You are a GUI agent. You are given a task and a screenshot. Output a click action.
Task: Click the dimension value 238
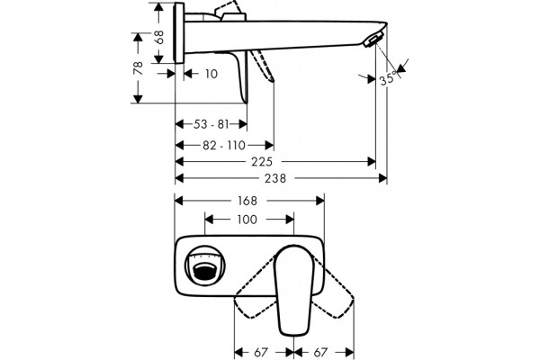275,178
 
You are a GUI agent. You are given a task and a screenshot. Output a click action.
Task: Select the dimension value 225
262,162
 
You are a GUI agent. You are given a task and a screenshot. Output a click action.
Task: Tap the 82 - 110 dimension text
224,146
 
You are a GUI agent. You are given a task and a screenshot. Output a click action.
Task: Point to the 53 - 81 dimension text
211,124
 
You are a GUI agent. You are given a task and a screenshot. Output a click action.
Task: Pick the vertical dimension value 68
159,37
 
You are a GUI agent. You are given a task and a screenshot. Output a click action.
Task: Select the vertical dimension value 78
139,67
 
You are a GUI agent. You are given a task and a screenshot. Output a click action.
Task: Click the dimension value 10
211,74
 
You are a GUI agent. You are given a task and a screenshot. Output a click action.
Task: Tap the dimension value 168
247,201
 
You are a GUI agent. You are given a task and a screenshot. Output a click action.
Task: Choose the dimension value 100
247,220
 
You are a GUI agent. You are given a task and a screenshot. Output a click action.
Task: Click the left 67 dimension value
261,353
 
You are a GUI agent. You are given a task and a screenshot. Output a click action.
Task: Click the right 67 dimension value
319,353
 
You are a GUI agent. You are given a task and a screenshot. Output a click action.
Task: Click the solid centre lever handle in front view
294,290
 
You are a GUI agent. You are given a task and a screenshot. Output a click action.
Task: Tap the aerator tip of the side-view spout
373,40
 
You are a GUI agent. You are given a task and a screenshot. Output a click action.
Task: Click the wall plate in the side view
179,32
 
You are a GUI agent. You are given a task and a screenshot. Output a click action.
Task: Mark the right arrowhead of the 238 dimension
383,178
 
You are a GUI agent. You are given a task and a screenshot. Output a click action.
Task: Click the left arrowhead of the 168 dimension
179,201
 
